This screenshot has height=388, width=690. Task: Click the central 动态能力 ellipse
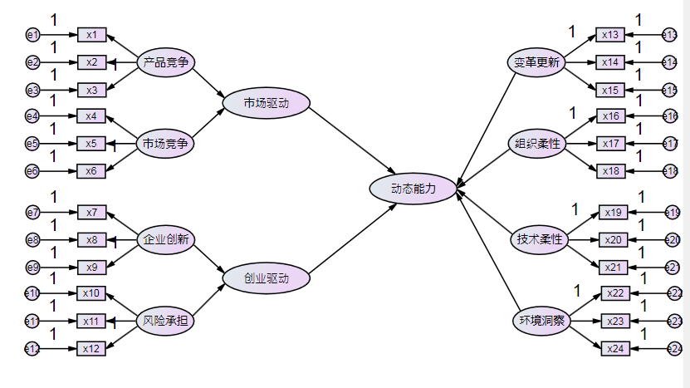click(x=414, y=189)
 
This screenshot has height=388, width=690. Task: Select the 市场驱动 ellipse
click(x=266, y=103)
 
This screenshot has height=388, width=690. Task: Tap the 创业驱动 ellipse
click(x=266, y=279)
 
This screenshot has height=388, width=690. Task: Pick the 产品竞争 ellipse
click(x=165, y=62)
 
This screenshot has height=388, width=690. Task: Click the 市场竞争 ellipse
click(x=165, y=144)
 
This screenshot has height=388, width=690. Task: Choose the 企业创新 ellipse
click(x=165, y=239)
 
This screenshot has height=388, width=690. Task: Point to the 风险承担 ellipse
click(x=165, y=320)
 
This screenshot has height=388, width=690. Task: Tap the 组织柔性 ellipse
click(x=536, y=144)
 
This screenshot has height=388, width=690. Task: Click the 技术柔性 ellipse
click(x=540, y=239)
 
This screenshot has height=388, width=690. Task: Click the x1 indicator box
click(x=91, y=35)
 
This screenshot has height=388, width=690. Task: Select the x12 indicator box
click(x=91, y=348)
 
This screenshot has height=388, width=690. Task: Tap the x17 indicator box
click(x=610, y=144)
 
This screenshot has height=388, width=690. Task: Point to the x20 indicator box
click(x=614, y=239)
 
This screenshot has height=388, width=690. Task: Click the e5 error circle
click(x=32, y=144)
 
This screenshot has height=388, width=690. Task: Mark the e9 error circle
click(x=32, y=268)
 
